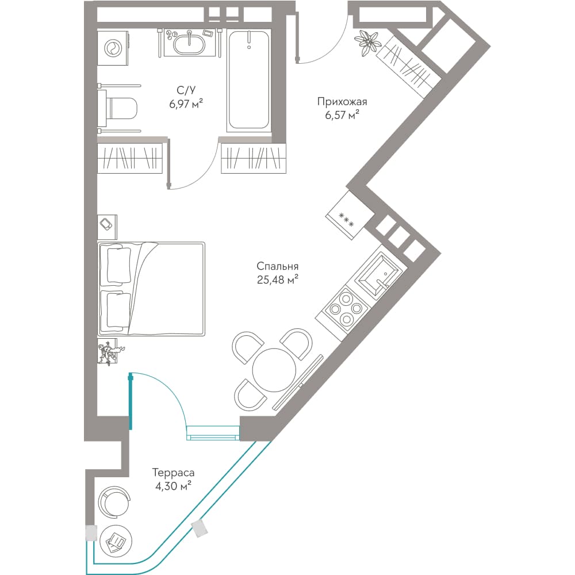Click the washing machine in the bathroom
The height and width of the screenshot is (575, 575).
(x=113, y=48)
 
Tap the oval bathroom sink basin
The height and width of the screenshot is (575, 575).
(x=190, y=44)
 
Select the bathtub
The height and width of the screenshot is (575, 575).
(x=249, y=81)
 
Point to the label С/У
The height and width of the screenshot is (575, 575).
(x=186, y=90)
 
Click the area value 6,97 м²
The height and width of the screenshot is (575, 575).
(x=186, y=104)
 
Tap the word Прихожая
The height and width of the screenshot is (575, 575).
(x=342, y=102)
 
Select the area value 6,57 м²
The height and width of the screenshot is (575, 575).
(x=342, y=115)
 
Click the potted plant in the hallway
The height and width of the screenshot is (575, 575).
(x=367, y=43)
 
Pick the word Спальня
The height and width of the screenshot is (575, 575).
(x=278, y=266)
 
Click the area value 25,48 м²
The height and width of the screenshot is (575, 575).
(x=278, y=280)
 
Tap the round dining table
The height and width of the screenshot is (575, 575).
(x=274, y=370)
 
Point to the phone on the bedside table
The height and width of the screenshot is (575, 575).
(x=107, y=224)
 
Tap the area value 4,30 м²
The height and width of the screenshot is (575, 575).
(x=173, y=486)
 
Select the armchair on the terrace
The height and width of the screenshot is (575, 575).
(x=114, y=503)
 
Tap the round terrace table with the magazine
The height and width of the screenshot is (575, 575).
(x=116, y=542)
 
